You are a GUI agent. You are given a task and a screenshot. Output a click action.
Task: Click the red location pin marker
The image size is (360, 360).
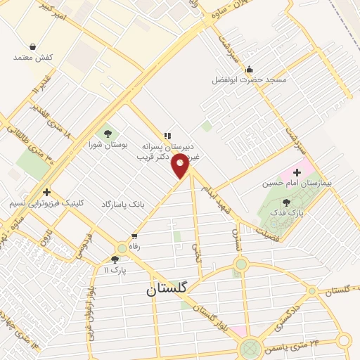click(181, 167)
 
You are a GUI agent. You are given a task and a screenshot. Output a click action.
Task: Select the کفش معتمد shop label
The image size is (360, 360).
click(33, 57)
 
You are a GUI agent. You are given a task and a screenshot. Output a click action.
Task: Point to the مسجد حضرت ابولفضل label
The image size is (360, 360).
click(250, 80)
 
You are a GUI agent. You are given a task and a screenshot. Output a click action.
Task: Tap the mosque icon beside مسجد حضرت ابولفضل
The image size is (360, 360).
click(249, 69)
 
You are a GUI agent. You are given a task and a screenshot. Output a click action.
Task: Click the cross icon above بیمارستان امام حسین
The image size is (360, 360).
click(296, 172)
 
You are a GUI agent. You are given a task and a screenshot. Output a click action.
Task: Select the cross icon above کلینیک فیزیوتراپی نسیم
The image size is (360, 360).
click(46, 192)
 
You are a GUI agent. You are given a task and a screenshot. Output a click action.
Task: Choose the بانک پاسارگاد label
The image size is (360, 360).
click(122, 203)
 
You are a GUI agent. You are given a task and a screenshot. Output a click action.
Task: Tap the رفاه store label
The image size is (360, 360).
click(134, 247)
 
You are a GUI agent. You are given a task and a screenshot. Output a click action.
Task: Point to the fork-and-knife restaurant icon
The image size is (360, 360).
click(167, 135)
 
